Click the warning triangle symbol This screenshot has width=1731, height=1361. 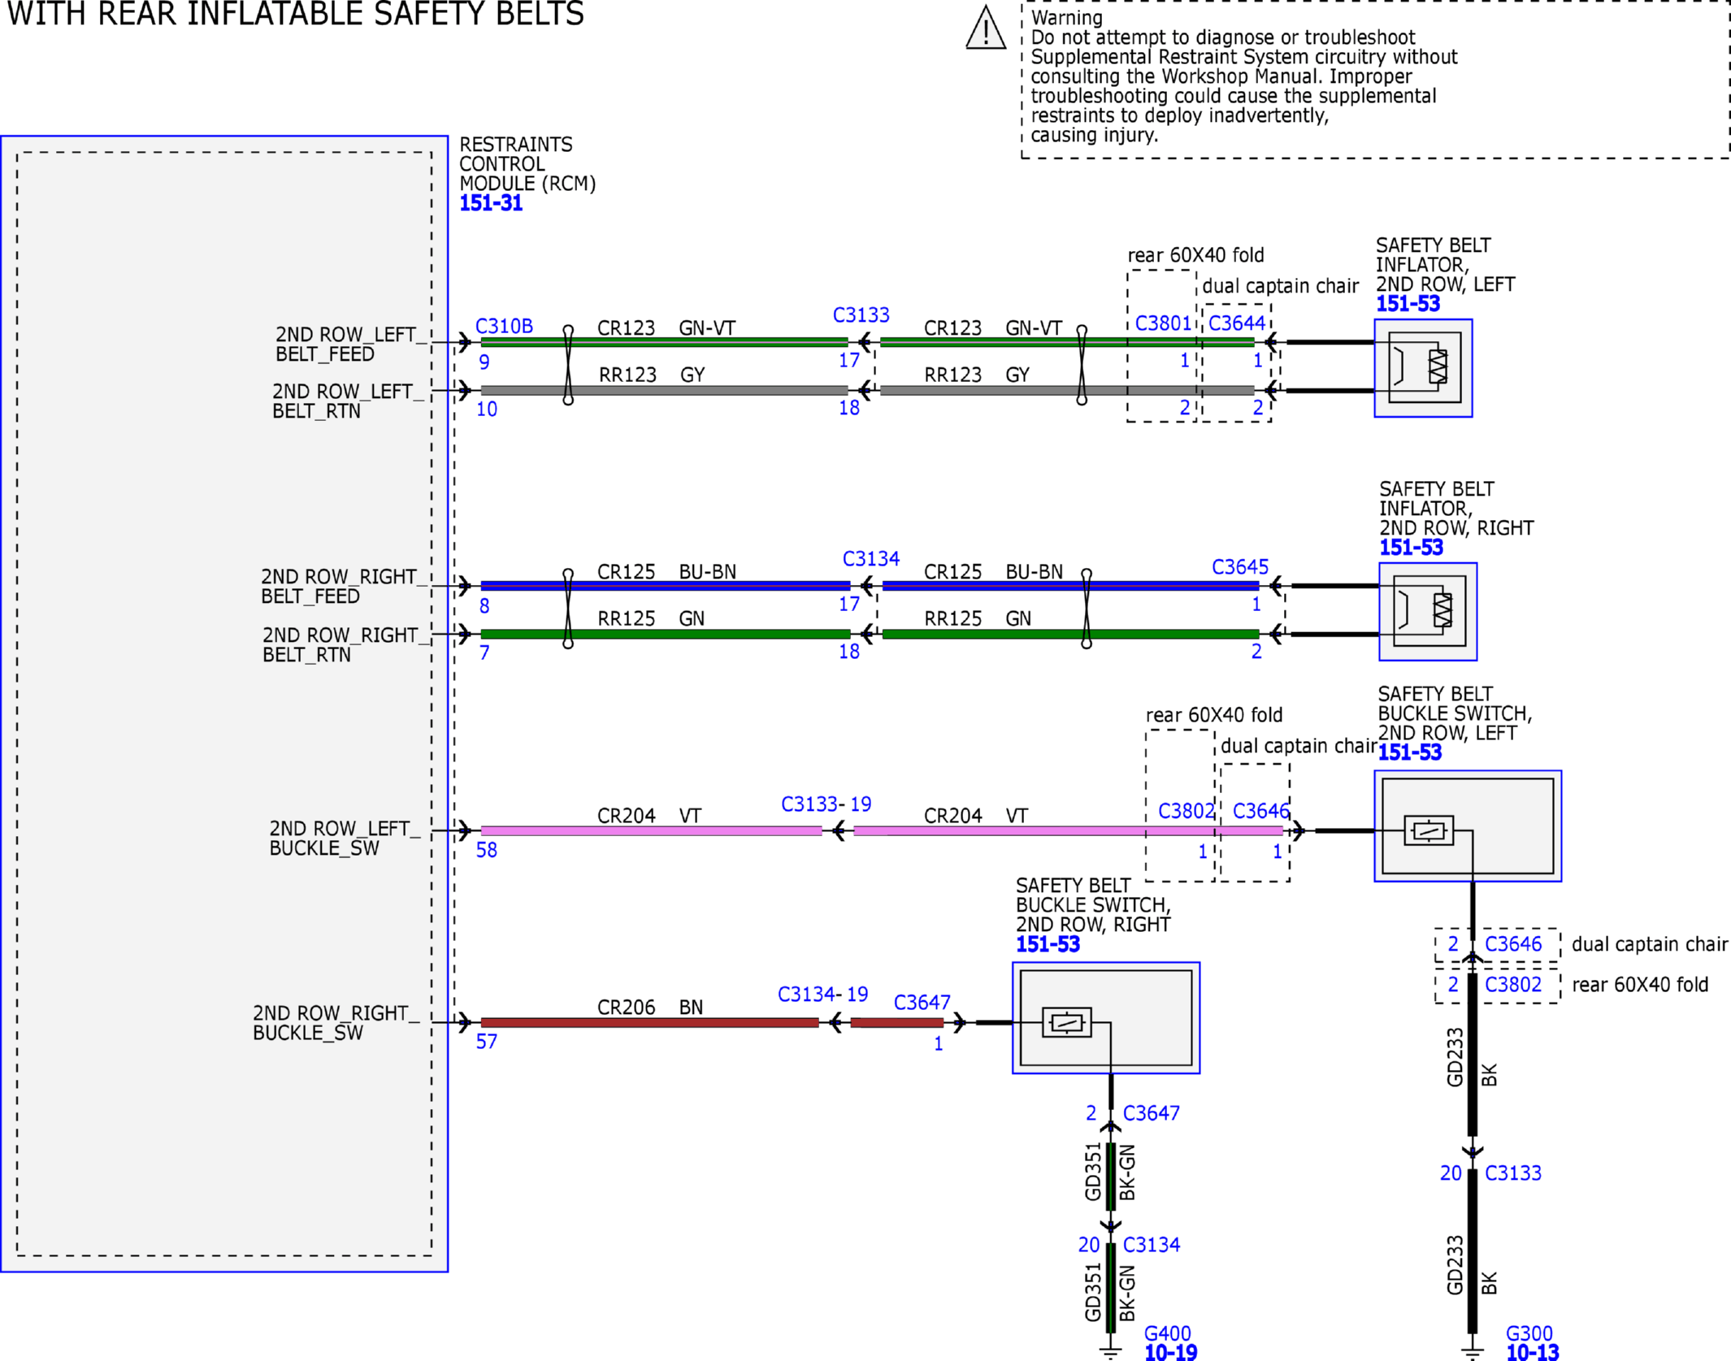pyautogui.click(x=986, y=28)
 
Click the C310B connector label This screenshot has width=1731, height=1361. pyautogui.click(x=504, y=326)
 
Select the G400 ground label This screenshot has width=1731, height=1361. pyautogui.click(x=1167, y=1333)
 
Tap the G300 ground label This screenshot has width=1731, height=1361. pyautogui.click(x=1529, y=1333)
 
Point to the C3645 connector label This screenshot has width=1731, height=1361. pyautogui.click(x=1239, y=566)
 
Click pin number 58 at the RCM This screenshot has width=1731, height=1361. pyautogui.click(x=486, y=850)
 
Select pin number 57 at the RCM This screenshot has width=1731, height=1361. pyautogui.click(x=486, y=1042)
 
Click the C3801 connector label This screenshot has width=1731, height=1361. pyautogui.click(x=1163, y=323)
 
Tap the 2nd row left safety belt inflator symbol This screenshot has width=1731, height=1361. pyautogui.click(x=1423, y=368)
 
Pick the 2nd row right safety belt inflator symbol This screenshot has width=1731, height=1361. pyautogui.click(x=1428, y=612)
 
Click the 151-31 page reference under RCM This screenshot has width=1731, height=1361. pyautogui.click(x=491, y=203)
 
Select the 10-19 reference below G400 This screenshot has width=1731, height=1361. pyautogui.click(x=1170, y=1352)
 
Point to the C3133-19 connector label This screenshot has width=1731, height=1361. pyautogui.click(x=826, y=804)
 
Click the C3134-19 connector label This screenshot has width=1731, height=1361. pyautogui.click(x=822, y=994)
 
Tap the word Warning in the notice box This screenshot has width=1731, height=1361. pyautogui.click(x=1067, y=18)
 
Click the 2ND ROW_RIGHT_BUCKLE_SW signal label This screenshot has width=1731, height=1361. pyautogui.click(x=336, y=1023)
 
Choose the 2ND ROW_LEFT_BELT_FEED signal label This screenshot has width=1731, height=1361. pyautogui.click(x=350, y=345)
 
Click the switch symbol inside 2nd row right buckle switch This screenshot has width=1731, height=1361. pyautogui.click(x=1066, y=1022)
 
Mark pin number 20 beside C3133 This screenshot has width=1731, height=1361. pyautogui.click(x=1451, y=1173)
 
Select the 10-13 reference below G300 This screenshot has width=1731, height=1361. pyautogui.click(x=1533, y=1352)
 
